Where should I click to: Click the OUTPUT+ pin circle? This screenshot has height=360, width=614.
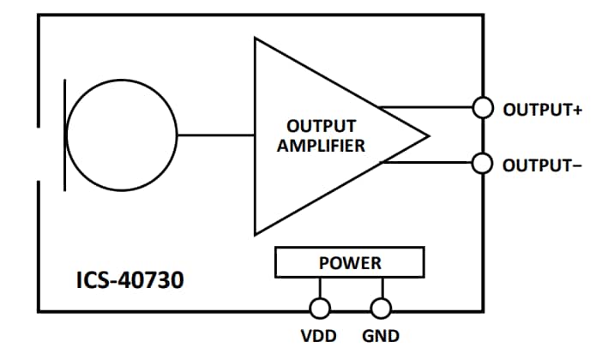(x=484, y=108)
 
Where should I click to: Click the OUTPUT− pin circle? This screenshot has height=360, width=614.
(x=484, y=163)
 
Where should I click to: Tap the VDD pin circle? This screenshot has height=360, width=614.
(x=320, y=308)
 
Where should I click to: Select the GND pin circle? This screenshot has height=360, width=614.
(x=381, y=308)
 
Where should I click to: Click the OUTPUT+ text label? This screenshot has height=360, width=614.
(x=542, y=110)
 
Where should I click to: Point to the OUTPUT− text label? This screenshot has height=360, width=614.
(x=542, y=165)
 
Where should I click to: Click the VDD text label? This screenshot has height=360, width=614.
(x=317, y=336)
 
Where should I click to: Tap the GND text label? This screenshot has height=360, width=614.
(x=381, y=336)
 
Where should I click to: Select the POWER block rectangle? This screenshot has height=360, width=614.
(x=349, y=262)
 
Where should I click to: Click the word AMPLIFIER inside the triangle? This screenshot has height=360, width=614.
(x=320, y=145)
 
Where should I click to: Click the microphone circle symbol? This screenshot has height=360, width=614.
(x=121, y=135)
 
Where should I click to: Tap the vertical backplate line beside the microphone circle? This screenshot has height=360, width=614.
(x=64, y=135)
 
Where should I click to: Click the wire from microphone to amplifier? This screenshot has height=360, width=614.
(x=214, y=135)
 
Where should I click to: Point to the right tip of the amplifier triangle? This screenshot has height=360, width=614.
(x=426, y=135)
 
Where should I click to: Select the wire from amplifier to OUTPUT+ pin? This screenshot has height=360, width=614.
(x=429, y=108)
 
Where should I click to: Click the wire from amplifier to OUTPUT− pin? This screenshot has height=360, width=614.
(x=429, y=163)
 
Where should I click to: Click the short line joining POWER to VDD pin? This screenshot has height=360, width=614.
(x=320, y=288)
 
